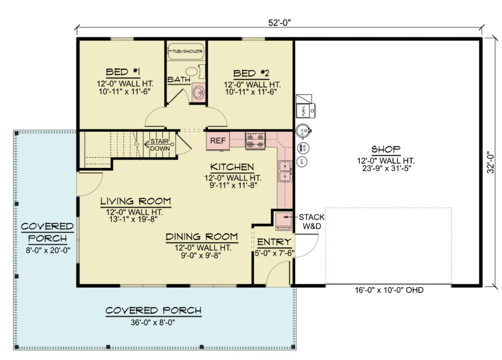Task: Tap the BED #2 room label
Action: pyautogui.click(x=251, y=73)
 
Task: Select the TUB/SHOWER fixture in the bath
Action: pyautogui.click(x=186, y=51)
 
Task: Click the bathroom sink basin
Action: pyautogui.click(x=199, y=92)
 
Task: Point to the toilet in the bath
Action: pyautogui.click(x=193, y=72)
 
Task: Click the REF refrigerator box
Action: pyautogui.click(x=218, y=141)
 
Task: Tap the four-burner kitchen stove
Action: pyautogui.click(x=255, y=141)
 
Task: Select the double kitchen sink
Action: pyautogui.click(x=284, y=171)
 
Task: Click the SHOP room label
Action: pyautogui.click(x=386, y=149)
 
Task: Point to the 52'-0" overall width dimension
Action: pyautogui.click(x=280, y=22)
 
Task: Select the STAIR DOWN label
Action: pyautogui.click(x=159, y=144)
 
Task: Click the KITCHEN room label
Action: pyautogui.click(x=232, y=167)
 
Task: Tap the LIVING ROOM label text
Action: pyautogui.click(x=136, y=201)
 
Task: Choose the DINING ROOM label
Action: pyautogui.click(x=201, y=237)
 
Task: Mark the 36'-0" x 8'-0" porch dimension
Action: pyautogui.click(x=153, y=323)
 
